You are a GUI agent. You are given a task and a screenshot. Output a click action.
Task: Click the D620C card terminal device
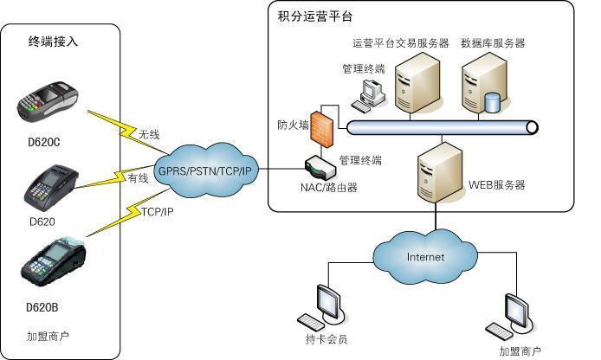click(48, 101)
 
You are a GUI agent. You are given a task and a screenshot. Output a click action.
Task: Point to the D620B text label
click(42, 307)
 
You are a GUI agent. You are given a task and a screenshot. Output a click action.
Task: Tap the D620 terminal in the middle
click(51, 188)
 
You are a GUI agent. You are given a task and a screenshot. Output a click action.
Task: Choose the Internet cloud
click(425, 257)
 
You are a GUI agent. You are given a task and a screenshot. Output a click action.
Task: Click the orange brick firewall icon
click(322, 130)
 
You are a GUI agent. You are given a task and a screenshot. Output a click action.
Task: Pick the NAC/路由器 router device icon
click(320, 168)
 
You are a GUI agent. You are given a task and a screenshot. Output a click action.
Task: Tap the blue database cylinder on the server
click(493, 103)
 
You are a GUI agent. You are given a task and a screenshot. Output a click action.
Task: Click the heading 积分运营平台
click(314, 16)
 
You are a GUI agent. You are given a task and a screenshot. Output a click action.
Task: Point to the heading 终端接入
click(53, 41)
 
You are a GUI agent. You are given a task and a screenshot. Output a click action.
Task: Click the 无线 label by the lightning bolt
click(149, 134)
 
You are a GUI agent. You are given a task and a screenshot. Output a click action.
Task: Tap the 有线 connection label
click(138, 178)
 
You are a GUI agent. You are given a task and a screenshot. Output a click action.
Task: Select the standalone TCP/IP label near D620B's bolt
click(157, 211)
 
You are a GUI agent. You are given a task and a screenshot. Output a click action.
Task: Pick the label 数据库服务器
click(493, 43)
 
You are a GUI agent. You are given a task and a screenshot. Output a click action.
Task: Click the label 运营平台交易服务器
click(401, 43)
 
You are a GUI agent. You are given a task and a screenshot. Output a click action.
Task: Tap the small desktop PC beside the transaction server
click(368, 96)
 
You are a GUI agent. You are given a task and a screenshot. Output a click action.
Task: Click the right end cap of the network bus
click(532, 127)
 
